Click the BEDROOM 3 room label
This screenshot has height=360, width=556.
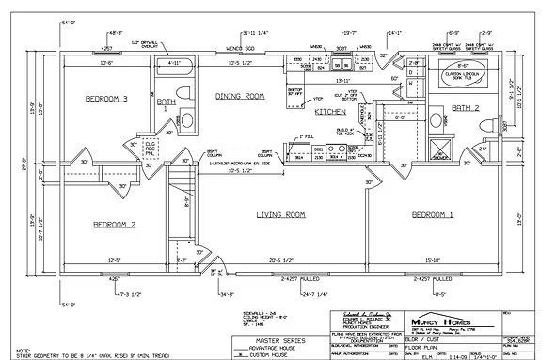click(x=105, y=99)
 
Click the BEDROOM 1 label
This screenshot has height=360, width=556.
click(x=433, y=215)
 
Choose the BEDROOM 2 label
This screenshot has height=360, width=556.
click(x=115, y=224)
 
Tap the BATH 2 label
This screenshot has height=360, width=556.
click(x=465, y=109)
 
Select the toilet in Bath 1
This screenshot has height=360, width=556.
click(x=185, y=120)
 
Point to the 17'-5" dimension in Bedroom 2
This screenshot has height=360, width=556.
click(x=116, y=260)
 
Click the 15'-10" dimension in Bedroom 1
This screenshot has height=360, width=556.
click(x=433, y=260)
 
